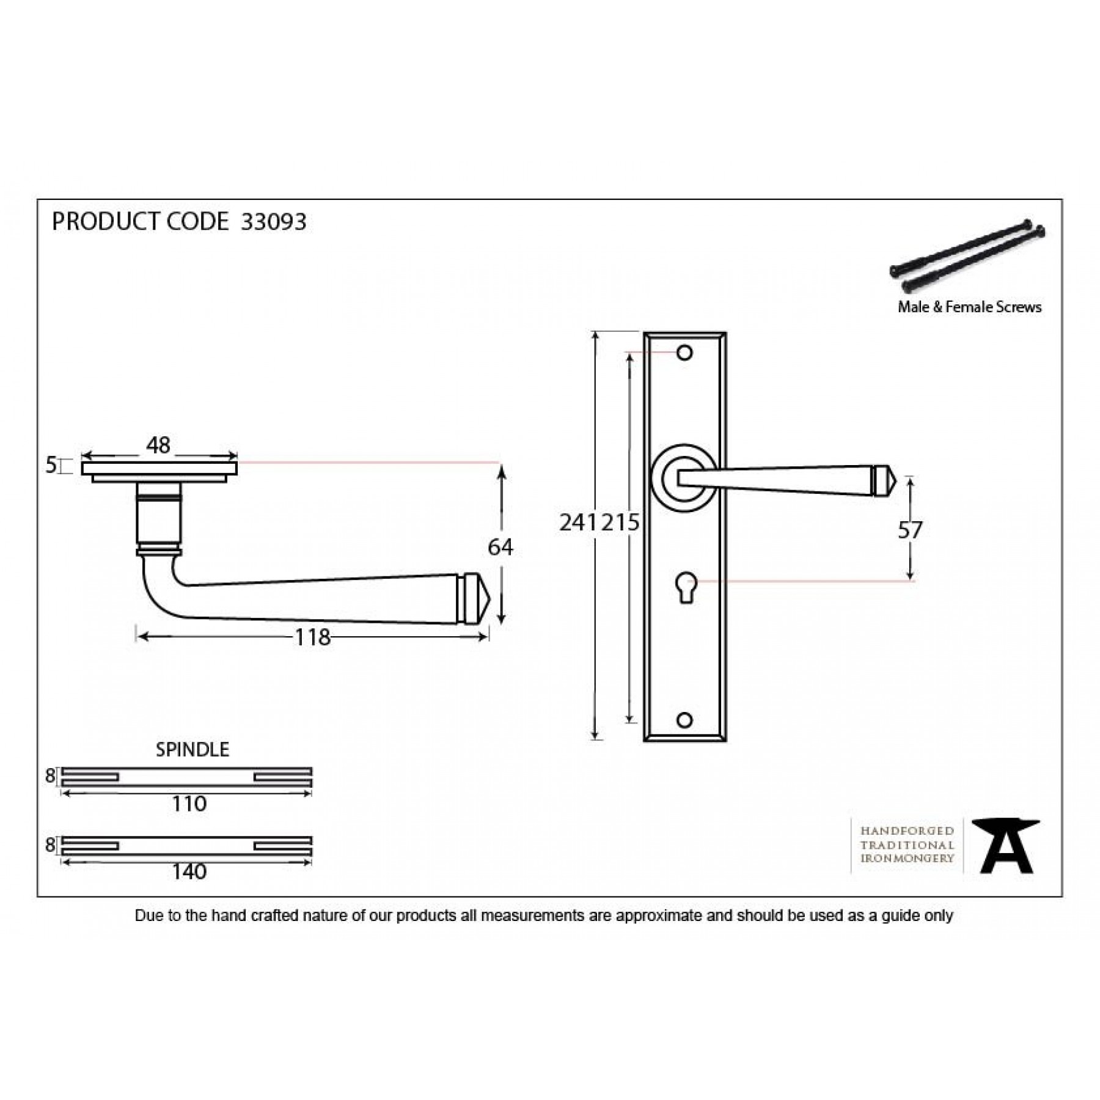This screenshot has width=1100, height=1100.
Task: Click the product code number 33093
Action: [274, 222]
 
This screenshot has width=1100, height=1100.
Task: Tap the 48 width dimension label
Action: [158, 446]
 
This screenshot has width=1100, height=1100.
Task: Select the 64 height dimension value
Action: [501, 547]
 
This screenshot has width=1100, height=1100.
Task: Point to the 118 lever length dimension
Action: [313, 637]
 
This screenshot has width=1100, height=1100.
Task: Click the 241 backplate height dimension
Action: [578, 522]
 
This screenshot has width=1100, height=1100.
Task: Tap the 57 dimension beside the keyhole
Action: [910, 530]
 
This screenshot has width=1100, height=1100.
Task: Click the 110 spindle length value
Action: [189, 804]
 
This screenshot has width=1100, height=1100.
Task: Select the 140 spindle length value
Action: [189, 871]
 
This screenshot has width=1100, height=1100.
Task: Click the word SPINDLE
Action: [193, 750]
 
